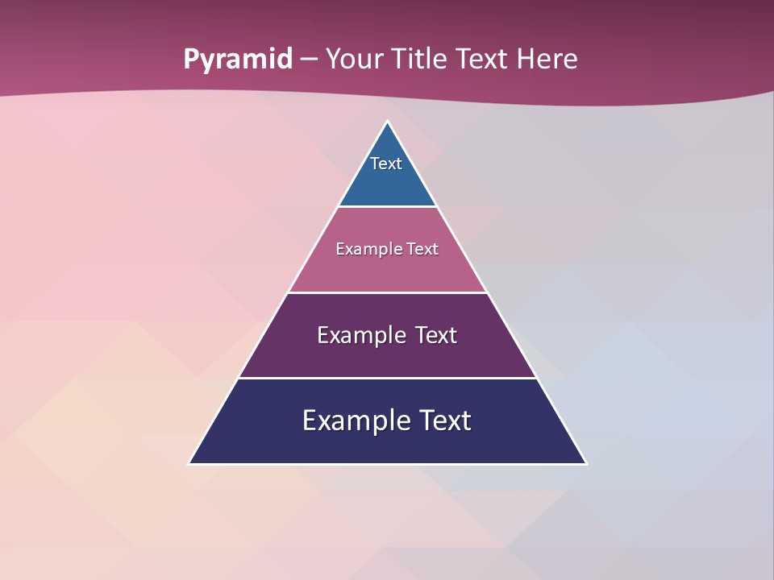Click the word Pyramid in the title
(x=237, y=60)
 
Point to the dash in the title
(x=309, y=60)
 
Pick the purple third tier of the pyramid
(x=387, y=359)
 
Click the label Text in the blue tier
(x=386, y=164)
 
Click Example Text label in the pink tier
(x=387, y=249)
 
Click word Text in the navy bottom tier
(x=444, y=420)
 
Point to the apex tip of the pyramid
(x=388, y=122)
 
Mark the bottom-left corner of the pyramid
(x=190, y=463)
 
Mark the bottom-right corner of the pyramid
(x=585, y=463)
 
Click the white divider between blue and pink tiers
(x=387, y=206)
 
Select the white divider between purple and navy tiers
(x=387, y=378)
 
